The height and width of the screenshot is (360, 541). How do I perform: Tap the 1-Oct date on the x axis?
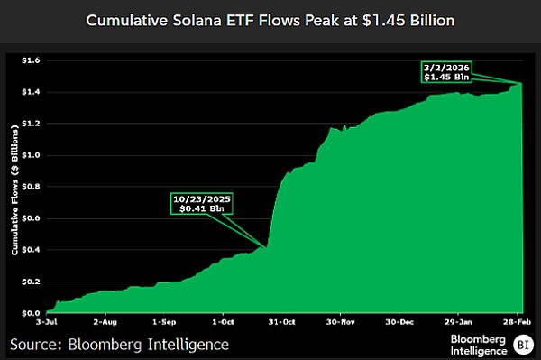click(x=222, y=321)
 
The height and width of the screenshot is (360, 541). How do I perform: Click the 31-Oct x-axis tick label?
click(x=281, y=321)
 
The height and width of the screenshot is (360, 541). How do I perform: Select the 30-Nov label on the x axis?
click(x=340, y=321)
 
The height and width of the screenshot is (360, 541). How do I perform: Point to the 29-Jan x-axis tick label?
click(x=458, y=321)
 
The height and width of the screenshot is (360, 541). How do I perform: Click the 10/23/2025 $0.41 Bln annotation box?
click(x=200, y=204)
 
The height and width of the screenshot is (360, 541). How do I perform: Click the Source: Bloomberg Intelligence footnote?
click(x=119, y=344)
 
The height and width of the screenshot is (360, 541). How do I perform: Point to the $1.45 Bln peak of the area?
click(x=522, y=83)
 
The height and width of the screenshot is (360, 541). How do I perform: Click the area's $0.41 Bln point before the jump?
click(x=267, y=247)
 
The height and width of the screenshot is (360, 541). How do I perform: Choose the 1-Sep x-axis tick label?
click(x=165, y=321)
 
